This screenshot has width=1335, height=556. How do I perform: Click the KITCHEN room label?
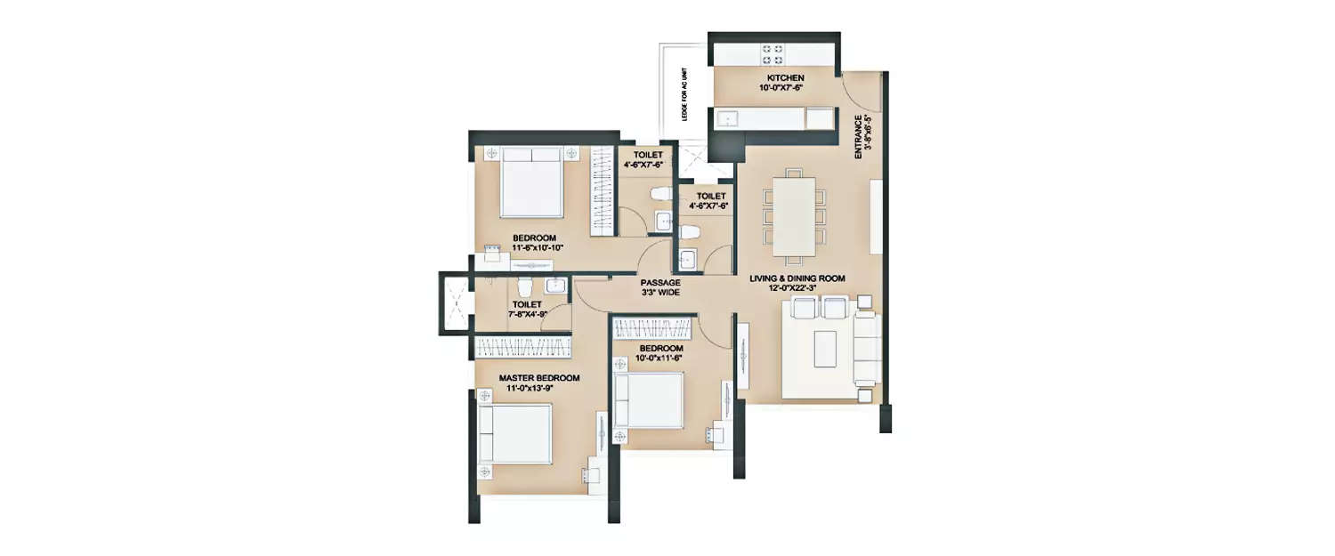[773, 78]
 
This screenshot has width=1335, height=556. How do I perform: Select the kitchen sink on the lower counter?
[728, 118]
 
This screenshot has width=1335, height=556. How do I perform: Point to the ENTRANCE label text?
[857, 137]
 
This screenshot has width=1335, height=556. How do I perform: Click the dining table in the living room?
[793, 216]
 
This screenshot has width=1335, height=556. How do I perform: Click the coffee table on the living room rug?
[827, 349]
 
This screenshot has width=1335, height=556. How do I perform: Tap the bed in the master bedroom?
[515, 434]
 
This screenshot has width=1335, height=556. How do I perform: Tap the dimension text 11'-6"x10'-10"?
[534, 249]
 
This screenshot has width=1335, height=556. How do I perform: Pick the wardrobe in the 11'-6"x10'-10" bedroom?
[604, 190]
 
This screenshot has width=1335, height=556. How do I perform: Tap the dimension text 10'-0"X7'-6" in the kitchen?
[773, 89]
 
